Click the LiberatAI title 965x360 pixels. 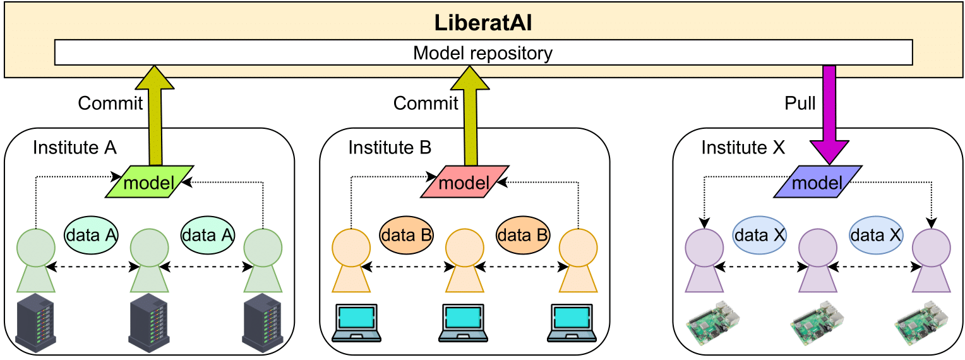[483, 23]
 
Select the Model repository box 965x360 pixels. [483, 52]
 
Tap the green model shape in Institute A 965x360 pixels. [150, 182]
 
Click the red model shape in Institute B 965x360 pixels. [465, 182]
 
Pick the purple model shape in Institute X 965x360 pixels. [817, 182]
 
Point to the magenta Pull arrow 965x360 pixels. [829, 114]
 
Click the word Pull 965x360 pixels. [800, 103]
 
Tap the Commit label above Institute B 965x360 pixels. [426, 103]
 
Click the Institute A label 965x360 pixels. [75, 147]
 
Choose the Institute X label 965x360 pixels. [743, 147]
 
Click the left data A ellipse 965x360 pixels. [92, 234]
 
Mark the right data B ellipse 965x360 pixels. [523, 234]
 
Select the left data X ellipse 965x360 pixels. [760, 234]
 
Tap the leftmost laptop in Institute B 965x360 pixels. [356, 322]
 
